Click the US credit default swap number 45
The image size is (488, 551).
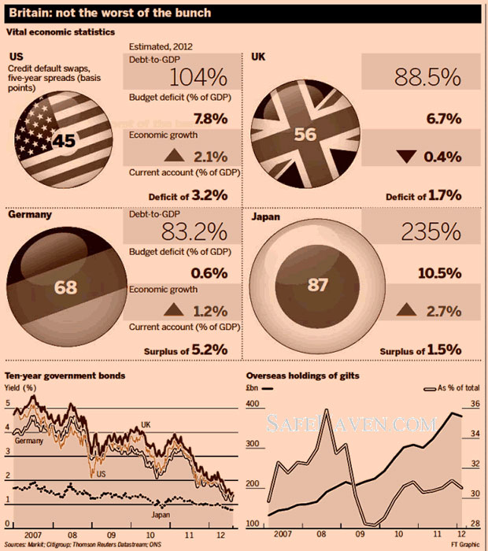pyautogui.click(x=65, y=141)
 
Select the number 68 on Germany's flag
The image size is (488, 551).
pyautogui.click(x=65, y=286)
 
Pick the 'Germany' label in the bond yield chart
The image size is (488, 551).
pyautogui.click(x=28, y=442)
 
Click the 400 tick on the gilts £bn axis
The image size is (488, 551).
pyautogui.click(x=253, y=404)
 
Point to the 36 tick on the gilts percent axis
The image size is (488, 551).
pyautogui.click(x=475, y=404)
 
